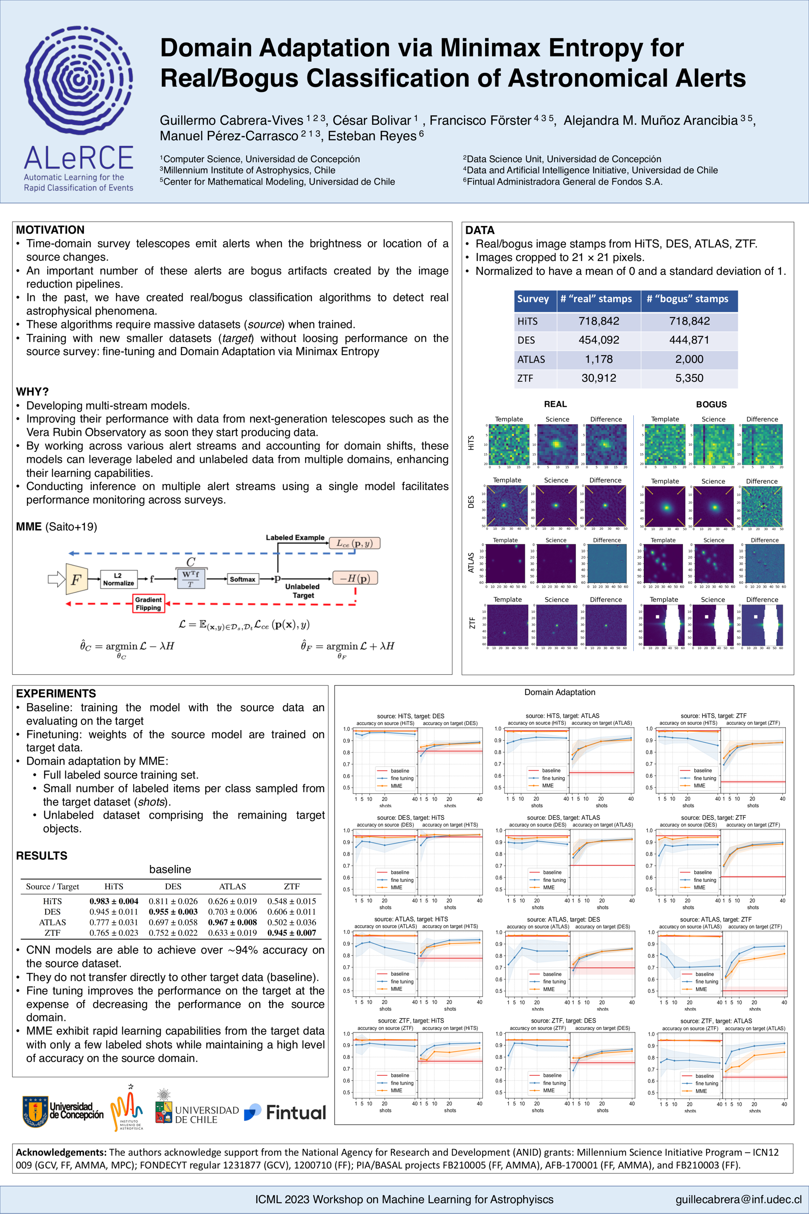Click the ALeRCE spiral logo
pyautogui.click(x=78, y=80)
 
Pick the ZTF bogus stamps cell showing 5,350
pyautogui.click(x=689, y=379)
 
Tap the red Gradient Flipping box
pyautogui.click(x=149, y=603)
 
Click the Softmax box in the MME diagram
pyautogui.click(x=243, y=579)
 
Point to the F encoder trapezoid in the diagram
pyautogui.click(x=76, y=579)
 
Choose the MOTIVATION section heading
pyautogui.click(x=50, y=230)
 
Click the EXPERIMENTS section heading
pyautogui.click(x=56, y=693)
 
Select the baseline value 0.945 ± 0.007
pyautogui.click(x=292, y=933)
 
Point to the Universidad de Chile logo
pyautogui.click(x=197, y=1113)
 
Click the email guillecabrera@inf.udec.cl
pyautogui.click(x=738, y=1199)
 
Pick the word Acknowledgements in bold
pyautogui.click(x=61, y=1152)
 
